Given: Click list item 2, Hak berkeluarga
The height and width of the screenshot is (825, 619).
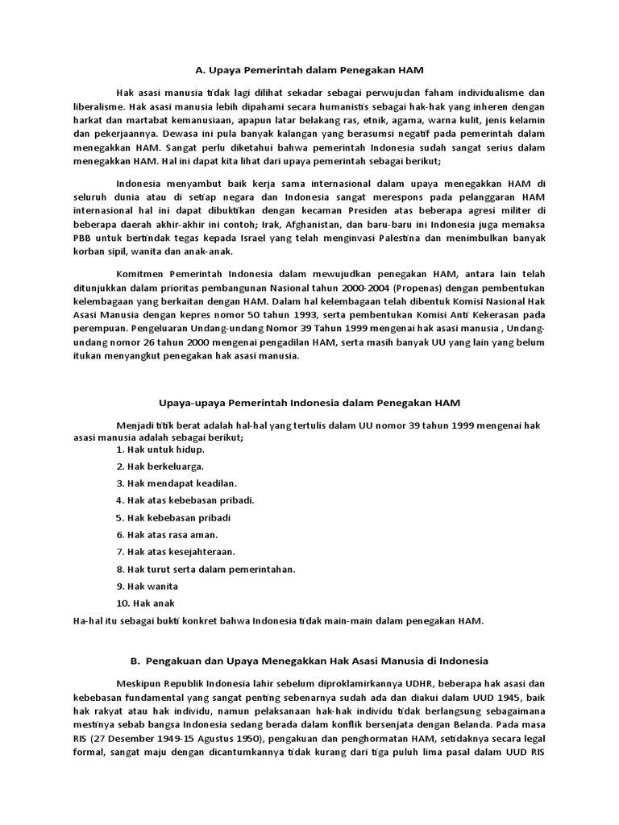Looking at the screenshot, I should pos(160,466).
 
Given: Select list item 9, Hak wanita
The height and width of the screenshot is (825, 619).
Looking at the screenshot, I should pos(147,586).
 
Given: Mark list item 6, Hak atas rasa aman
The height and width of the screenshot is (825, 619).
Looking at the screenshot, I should pos(167,534).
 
